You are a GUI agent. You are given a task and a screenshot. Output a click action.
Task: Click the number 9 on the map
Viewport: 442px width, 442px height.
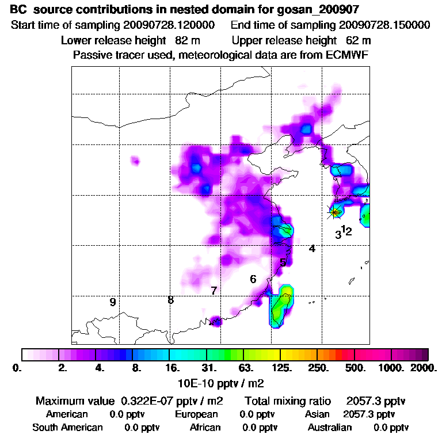point(113,302)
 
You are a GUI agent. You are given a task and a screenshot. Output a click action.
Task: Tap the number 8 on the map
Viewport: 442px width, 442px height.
point(170,300)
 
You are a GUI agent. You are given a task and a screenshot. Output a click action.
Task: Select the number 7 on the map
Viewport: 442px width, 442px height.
point(214,291)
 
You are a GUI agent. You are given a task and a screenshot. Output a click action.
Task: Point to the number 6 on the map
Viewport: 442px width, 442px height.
point(253,280)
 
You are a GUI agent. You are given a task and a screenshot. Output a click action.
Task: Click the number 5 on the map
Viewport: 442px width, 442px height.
point(283,263)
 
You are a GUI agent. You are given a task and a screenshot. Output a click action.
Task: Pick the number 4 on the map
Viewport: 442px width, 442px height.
point(312,249)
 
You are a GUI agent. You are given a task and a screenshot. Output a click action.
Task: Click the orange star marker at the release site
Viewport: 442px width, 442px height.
point(335,212)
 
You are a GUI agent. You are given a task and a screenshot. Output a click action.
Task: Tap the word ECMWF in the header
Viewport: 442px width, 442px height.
point(347,55)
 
